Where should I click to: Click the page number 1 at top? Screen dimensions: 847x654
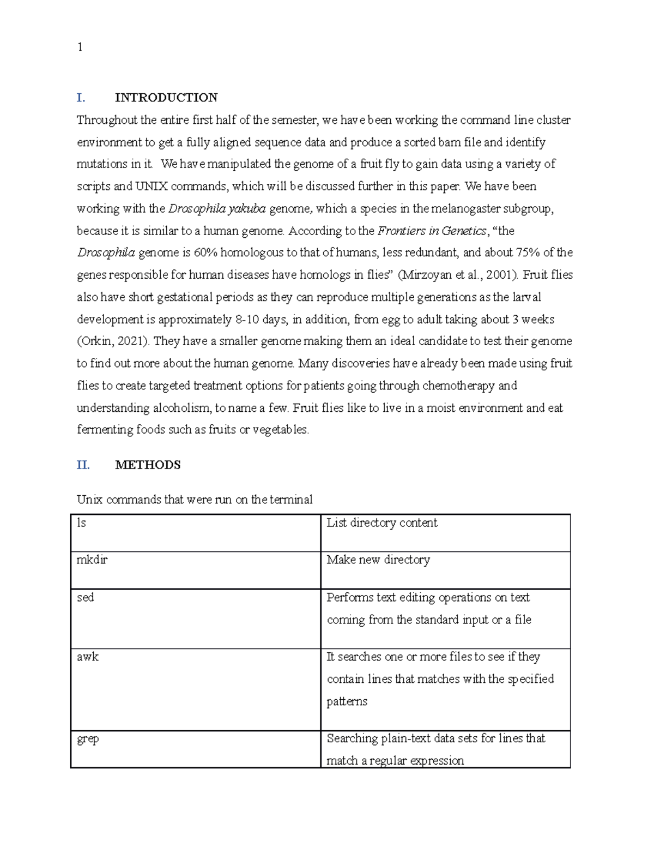click(80, 47)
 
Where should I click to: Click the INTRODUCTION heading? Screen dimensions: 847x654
click(166, 98)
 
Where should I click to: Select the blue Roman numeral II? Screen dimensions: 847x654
click(83, 465)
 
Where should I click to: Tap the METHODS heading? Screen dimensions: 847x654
click(148, 465)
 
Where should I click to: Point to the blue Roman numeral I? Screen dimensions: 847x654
click(81, 98)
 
